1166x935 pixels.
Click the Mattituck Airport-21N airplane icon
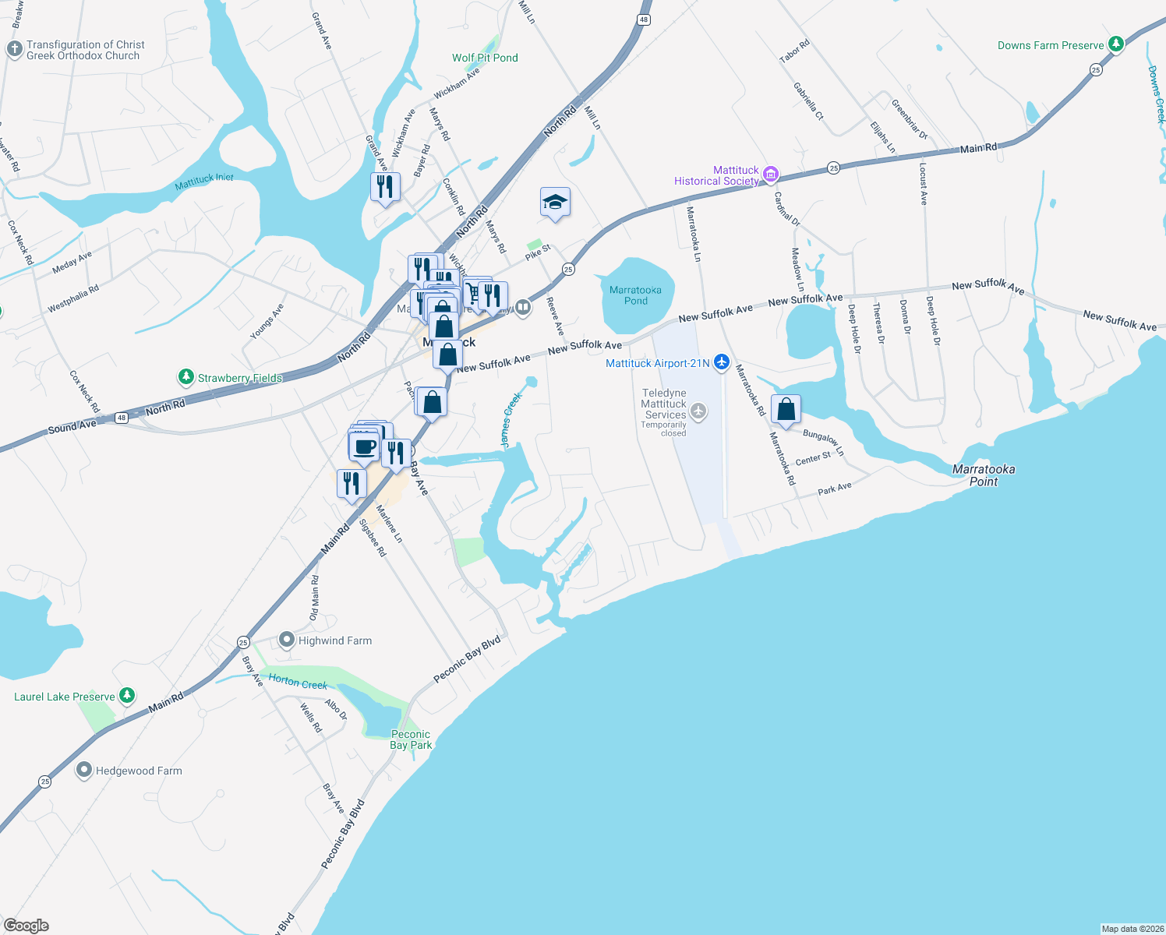(722, 362)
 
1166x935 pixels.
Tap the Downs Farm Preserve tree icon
(1116, 44)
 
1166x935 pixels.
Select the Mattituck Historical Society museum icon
(771, 175)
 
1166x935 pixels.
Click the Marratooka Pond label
(635, 295)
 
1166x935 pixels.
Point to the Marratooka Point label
(984, 475)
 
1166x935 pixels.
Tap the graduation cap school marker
(555, 203)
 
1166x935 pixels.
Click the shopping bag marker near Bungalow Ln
(786, 410)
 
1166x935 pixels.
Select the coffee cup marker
(364, 447)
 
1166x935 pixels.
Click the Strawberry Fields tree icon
(185, 377)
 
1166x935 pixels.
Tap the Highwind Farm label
(335, 640)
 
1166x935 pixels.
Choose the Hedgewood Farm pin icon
(84, 771)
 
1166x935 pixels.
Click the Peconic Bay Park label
(411, 739)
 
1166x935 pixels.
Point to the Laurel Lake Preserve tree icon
(127, 696)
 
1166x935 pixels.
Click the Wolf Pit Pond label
(485, 58)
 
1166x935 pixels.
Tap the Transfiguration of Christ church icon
(14, 49)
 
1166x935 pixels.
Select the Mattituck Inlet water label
(204, 182)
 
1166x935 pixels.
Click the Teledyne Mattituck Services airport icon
(698, 411)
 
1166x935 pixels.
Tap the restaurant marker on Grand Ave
(384, 187)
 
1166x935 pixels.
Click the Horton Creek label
(298, 681)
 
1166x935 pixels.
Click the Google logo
(26, 925)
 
